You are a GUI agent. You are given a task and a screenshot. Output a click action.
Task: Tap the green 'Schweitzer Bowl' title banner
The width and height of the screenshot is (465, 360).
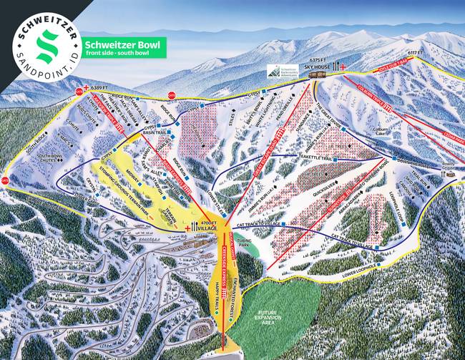pyautogui.click(x=123, y=47)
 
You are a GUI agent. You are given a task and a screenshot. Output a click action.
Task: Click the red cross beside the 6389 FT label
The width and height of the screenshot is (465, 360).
pyautogui.click(x=87, y=87)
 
